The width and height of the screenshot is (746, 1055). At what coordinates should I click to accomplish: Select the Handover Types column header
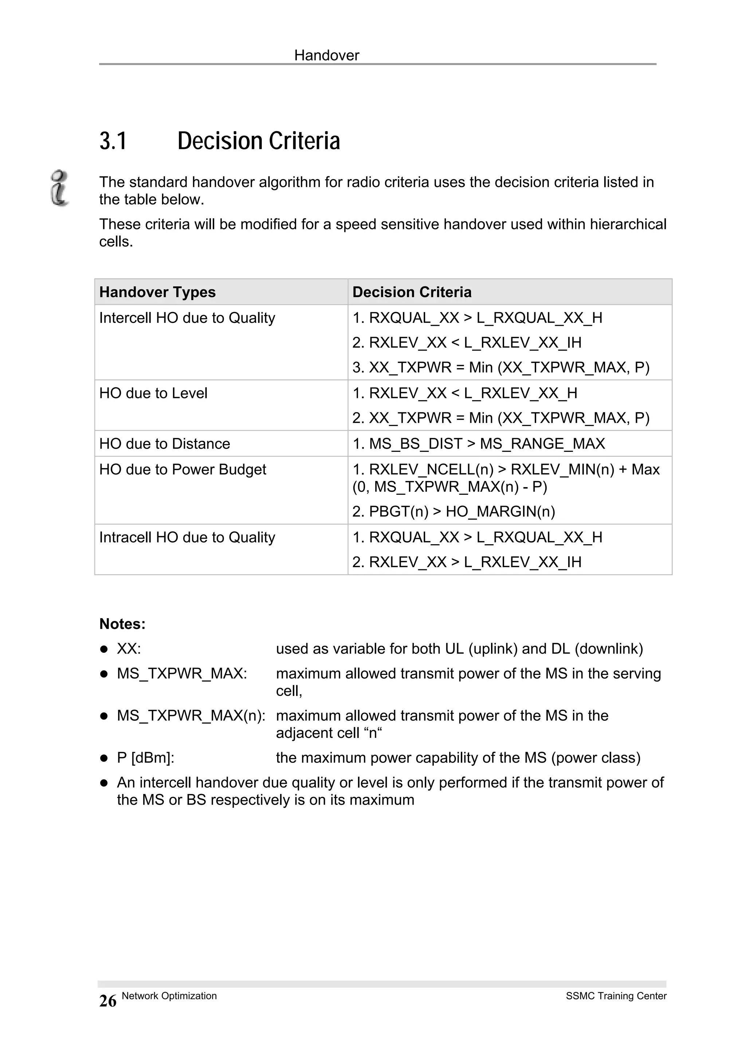tap(157, 292)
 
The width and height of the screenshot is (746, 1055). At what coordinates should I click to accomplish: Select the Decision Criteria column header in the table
tap(412, 292)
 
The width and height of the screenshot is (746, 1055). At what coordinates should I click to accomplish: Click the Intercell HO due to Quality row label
tap(187, 318)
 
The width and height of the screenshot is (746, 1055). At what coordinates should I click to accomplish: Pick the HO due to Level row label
tap(153, 393)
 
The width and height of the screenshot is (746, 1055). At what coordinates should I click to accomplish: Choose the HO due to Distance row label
tap(165, 444)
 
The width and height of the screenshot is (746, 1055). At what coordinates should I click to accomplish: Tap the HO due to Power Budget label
tap(182, 470)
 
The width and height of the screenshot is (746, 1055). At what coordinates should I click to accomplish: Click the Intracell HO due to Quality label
tap(187, 537)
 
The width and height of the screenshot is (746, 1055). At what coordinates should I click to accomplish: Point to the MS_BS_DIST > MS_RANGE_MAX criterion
tap(479, 444)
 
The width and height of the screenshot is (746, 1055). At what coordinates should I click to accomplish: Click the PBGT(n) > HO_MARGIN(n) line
tap(454, 512)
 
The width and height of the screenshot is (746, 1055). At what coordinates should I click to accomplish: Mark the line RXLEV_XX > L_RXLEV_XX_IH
tap(467, 562)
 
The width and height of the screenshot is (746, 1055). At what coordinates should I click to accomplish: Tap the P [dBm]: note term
tap(146, 758)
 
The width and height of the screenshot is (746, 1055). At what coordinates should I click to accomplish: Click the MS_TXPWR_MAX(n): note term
tap(191, 715)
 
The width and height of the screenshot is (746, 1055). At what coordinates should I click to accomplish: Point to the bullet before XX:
tap(104, 649)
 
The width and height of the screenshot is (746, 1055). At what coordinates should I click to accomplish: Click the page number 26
tap(108, 1001)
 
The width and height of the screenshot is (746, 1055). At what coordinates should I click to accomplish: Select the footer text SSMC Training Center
tap(616, 996)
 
